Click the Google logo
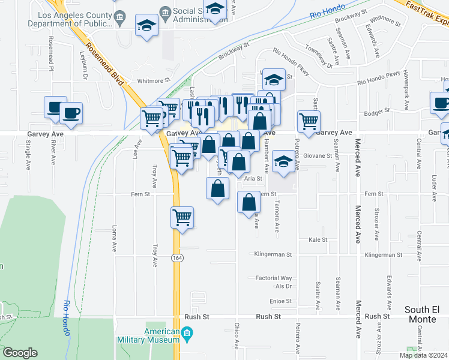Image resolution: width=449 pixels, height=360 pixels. click(x=20, y=353)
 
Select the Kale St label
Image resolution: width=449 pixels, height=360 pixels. click(x=317, y=239)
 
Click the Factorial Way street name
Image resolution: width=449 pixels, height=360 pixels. click(x=273, y=278)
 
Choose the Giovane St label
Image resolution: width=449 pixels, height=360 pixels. click(x=317, y=155)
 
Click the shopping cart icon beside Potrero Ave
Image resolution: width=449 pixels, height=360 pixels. click(x=309, y=122)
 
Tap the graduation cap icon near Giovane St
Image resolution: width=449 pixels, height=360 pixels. click(x=283, y=161)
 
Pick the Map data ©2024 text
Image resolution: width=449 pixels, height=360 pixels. click(x=423, y=355)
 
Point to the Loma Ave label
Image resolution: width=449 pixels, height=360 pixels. click(x=114, y=238)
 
